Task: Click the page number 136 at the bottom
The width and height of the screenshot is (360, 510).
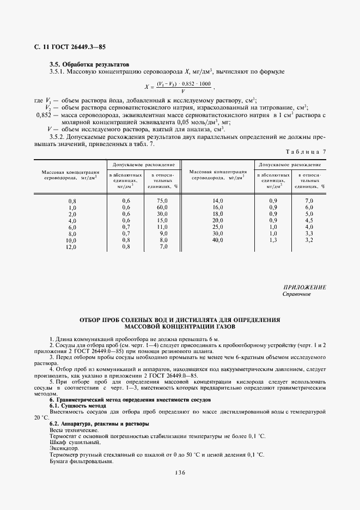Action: point(180,473)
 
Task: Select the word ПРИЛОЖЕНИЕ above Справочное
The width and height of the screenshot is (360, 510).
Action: point(304,287)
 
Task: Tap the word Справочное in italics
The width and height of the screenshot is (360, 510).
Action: point(296,294)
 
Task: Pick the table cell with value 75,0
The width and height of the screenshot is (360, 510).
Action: point(161,201)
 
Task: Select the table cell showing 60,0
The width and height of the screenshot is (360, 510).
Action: point(161,208)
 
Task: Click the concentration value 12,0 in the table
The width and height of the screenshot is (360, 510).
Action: point(72,247)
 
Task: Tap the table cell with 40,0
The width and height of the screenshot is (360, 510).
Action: point(218,240)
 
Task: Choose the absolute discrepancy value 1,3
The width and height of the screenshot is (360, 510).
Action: point(273,240)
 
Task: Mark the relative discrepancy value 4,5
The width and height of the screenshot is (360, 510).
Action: point(309,220)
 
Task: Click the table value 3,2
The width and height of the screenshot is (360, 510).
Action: point(309,240)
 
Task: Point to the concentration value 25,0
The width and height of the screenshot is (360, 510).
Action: point(218,227)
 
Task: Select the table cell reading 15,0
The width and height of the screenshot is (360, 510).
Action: point(161,221)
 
